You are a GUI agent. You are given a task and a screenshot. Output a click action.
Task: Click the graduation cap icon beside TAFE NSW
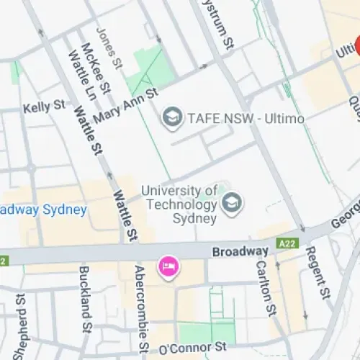[171, 116]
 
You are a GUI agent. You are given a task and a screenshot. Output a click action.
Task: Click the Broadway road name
[240, 251]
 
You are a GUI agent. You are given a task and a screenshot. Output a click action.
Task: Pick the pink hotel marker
[169, 268]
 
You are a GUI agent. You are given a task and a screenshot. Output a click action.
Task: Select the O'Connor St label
[192, 348]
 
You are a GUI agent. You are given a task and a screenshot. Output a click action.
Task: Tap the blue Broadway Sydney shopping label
[43, 210]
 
